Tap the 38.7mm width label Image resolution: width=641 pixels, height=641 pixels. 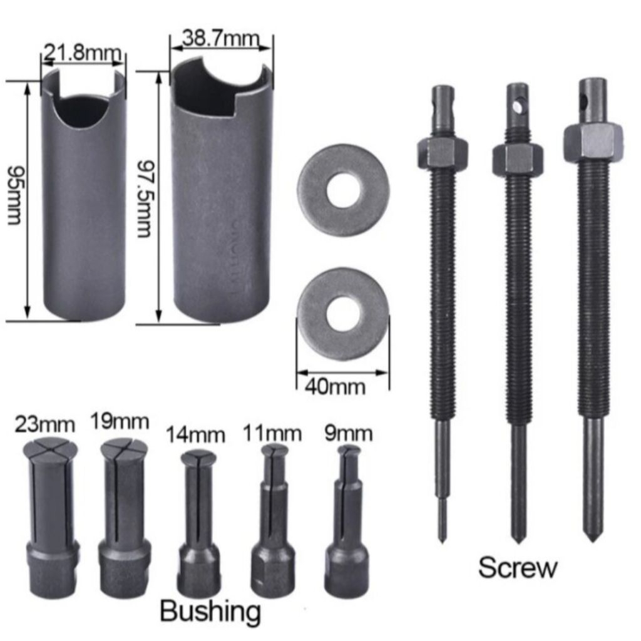point(220,39)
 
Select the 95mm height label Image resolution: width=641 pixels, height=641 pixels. point(14,195)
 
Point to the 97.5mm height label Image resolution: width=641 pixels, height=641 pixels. point(144,198)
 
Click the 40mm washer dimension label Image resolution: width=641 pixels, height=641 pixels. point(335,386)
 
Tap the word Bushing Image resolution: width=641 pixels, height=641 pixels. point(210,610)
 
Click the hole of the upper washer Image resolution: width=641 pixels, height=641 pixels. point(344,190)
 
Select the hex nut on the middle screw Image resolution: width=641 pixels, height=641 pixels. point(517,158)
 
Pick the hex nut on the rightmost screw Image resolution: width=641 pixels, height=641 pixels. point(592,141)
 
